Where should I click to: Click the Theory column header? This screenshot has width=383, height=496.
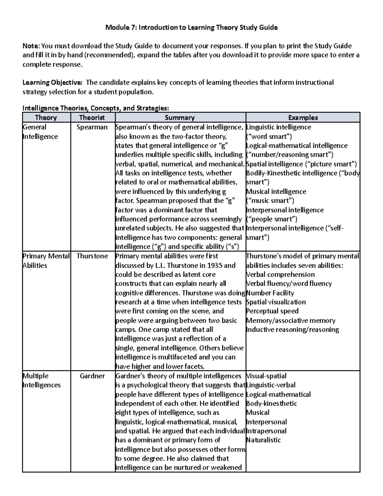coord(46,118)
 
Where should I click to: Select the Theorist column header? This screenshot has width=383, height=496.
coord(92,118)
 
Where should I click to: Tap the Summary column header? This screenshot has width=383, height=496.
coord(180,118)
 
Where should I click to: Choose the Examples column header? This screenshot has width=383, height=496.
coord(303,118)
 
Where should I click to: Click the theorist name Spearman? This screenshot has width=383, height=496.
coord(92,127)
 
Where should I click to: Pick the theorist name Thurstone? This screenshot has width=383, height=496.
coord(92,256)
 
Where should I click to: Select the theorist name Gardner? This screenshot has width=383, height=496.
coord(92,376)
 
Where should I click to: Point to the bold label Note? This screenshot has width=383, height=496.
coord(31,46)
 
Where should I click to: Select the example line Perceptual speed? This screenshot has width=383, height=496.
coord(272,311)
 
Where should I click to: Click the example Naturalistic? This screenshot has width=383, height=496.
coord(263,440)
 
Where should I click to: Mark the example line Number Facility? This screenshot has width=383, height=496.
coord(270,293)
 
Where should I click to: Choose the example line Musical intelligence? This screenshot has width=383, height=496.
coord(276,192)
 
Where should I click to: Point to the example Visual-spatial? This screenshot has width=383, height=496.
coord(266,376)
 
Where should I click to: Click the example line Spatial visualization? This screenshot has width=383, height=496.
coord(276,302)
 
